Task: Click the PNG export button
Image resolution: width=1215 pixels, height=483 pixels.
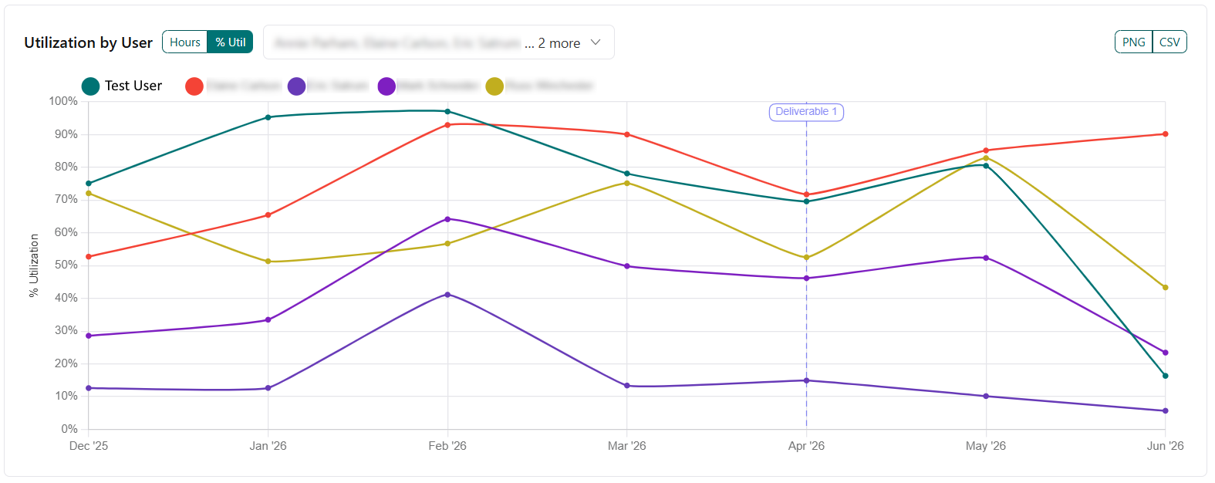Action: click(x=1133, y=42)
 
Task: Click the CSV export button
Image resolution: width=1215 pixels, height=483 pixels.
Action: click(x=1169, y=42)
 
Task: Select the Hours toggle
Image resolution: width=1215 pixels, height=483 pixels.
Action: click(x=185, y=42)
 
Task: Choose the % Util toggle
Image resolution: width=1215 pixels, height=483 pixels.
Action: click(x=231, y=42)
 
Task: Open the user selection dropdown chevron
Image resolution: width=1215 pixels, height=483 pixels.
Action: click(x=596, y=42)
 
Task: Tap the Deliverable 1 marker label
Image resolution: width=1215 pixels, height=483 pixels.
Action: click(x=806, y=112)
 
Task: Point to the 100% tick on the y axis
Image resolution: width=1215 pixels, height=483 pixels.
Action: click(x=63, y=101)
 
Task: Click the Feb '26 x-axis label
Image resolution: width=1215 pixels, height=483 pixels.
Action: click(x=447, y=446)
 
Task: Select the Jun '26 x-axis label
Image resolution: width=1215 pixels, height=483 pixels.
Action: click(x=1165, y=446)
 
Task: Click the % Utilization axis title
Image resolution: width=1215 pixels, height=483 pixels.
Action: click(x=34, y=265)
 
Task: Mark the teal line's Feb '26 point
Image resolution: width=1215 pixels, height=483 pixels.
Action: click(x=447, y=111)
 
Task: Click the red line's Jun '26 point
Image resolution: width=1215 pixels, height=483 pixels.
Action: click(x=1165, y=134)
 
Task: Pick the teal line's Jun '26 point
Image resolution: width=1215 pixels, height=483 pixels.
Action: click(x=1165, y=376)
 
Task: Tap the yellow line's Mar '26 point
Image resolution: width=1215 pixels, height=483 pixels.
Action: click(x=627, y=183)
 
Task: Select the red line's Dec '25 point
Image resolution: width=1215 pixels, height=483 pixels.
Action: click(x=89, y=256)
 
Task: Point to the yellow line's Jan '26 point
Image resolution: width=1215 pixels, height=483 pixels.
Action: click(x=268, y=262)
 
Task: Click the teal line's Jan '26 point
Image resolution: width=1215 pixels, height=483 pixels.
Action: click(x=268, y=117)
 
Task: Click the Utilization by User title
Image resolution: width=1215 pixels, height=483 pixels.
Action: click(x=89, y=42)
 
